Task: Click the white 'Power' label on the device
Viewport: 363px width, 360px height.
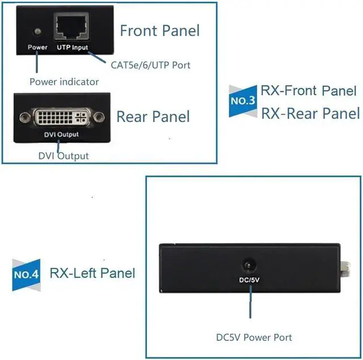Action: tap(37, 47)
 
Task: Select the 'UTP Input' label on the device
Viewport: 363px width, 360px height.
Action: tap(72, 48)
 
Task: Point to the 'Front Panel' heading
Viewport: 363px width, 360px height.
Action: tap(160, 29)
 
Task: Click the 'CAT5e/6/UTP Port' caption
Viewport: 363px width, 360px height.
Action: tap(150, 65)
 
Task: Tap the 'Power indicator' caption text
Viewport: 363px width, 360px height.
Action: tap(64, 82)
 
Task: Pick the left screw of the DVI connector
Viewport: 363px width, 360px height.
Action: tap(25, 118)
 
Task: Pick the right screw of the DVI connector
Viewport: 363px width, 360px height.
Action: tap(100, 118)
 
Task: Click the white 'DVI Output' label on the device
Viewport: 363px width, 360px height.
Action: tap(62, 135)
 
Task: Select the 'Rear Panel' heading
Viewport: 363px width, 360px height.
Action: tap(153, 117)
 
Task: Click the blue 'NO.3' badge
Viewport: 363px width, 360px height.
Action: tap(242, 101)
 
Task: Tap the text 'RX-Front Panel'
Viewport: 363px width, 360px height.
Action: tap(309, 91)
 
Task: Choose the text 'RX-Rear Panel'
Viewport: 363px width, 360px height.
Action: tap(310, 113)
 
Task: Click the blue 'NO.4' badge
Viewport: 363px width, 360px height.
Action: tap(26, 275)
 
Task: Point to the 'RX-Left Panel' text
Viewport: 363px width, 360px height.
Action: tap(92, 273)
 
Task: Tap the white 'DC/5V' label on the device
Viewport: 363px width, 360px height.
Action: tap(248, 279)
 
